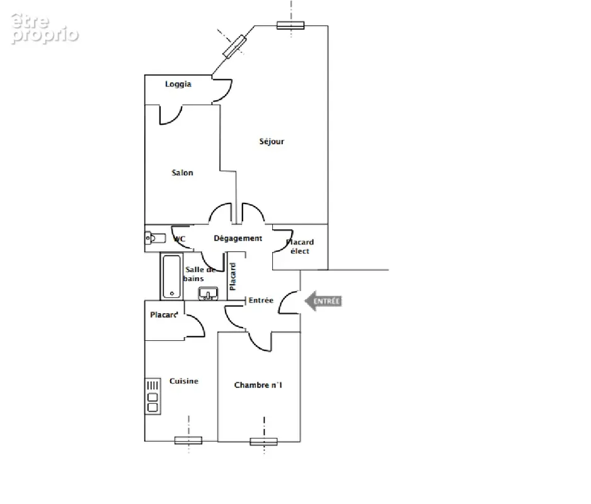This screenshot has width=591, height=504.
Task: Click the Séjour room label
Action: [x=272, y=142]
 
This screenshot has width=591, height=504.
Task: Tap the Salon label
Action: [x=183, y=173]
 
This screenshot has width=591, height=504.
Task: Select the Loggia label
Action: [x=178, y=84]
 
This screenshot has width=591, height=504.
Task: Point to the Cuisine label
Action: [x=183, y=381]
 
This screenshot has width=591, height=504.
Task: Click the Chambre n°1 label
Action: [x=258, y=385]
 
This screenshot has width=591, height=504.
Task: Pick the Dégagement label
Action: [x=238, y=238]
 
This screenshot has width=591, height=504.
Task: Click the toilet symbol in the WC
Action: [x=156, y=238]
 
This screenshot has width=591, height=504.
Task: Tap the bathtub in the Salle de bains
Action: [x=172, y=277]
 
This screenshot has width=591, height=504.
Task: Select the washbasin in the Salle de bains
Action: [x=208, y=294]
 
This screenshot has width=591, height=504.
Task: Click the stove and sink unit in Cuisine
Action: [x=153, y=396]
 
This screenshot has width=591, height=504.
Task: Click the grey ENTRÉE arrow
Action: [x=323, y=301]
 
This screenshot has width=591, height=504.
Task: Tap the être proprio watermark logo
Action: [x=45, y=28]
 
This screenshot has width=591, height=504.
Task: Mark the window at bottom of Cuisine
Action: [x=188, y=440]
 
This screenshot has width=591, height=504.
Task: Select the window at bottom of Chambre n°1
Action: [x=264, y=442]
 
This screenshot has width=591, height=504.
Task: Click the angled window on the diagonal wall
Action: [x=235, y=46]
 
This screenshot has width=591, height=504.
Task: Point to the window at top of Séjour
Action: [x=290, y=25]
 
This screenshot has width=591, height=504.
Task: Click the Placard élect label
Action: [x=300, y=246]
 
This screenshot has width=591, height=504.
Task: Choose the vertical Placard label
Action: [x=233, y=277]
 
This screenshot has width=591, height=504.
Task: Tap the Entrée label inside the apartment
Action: [x=261, y=301]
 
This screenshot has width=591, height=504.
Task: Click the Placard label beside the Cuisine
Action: [x=164, y=314]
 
